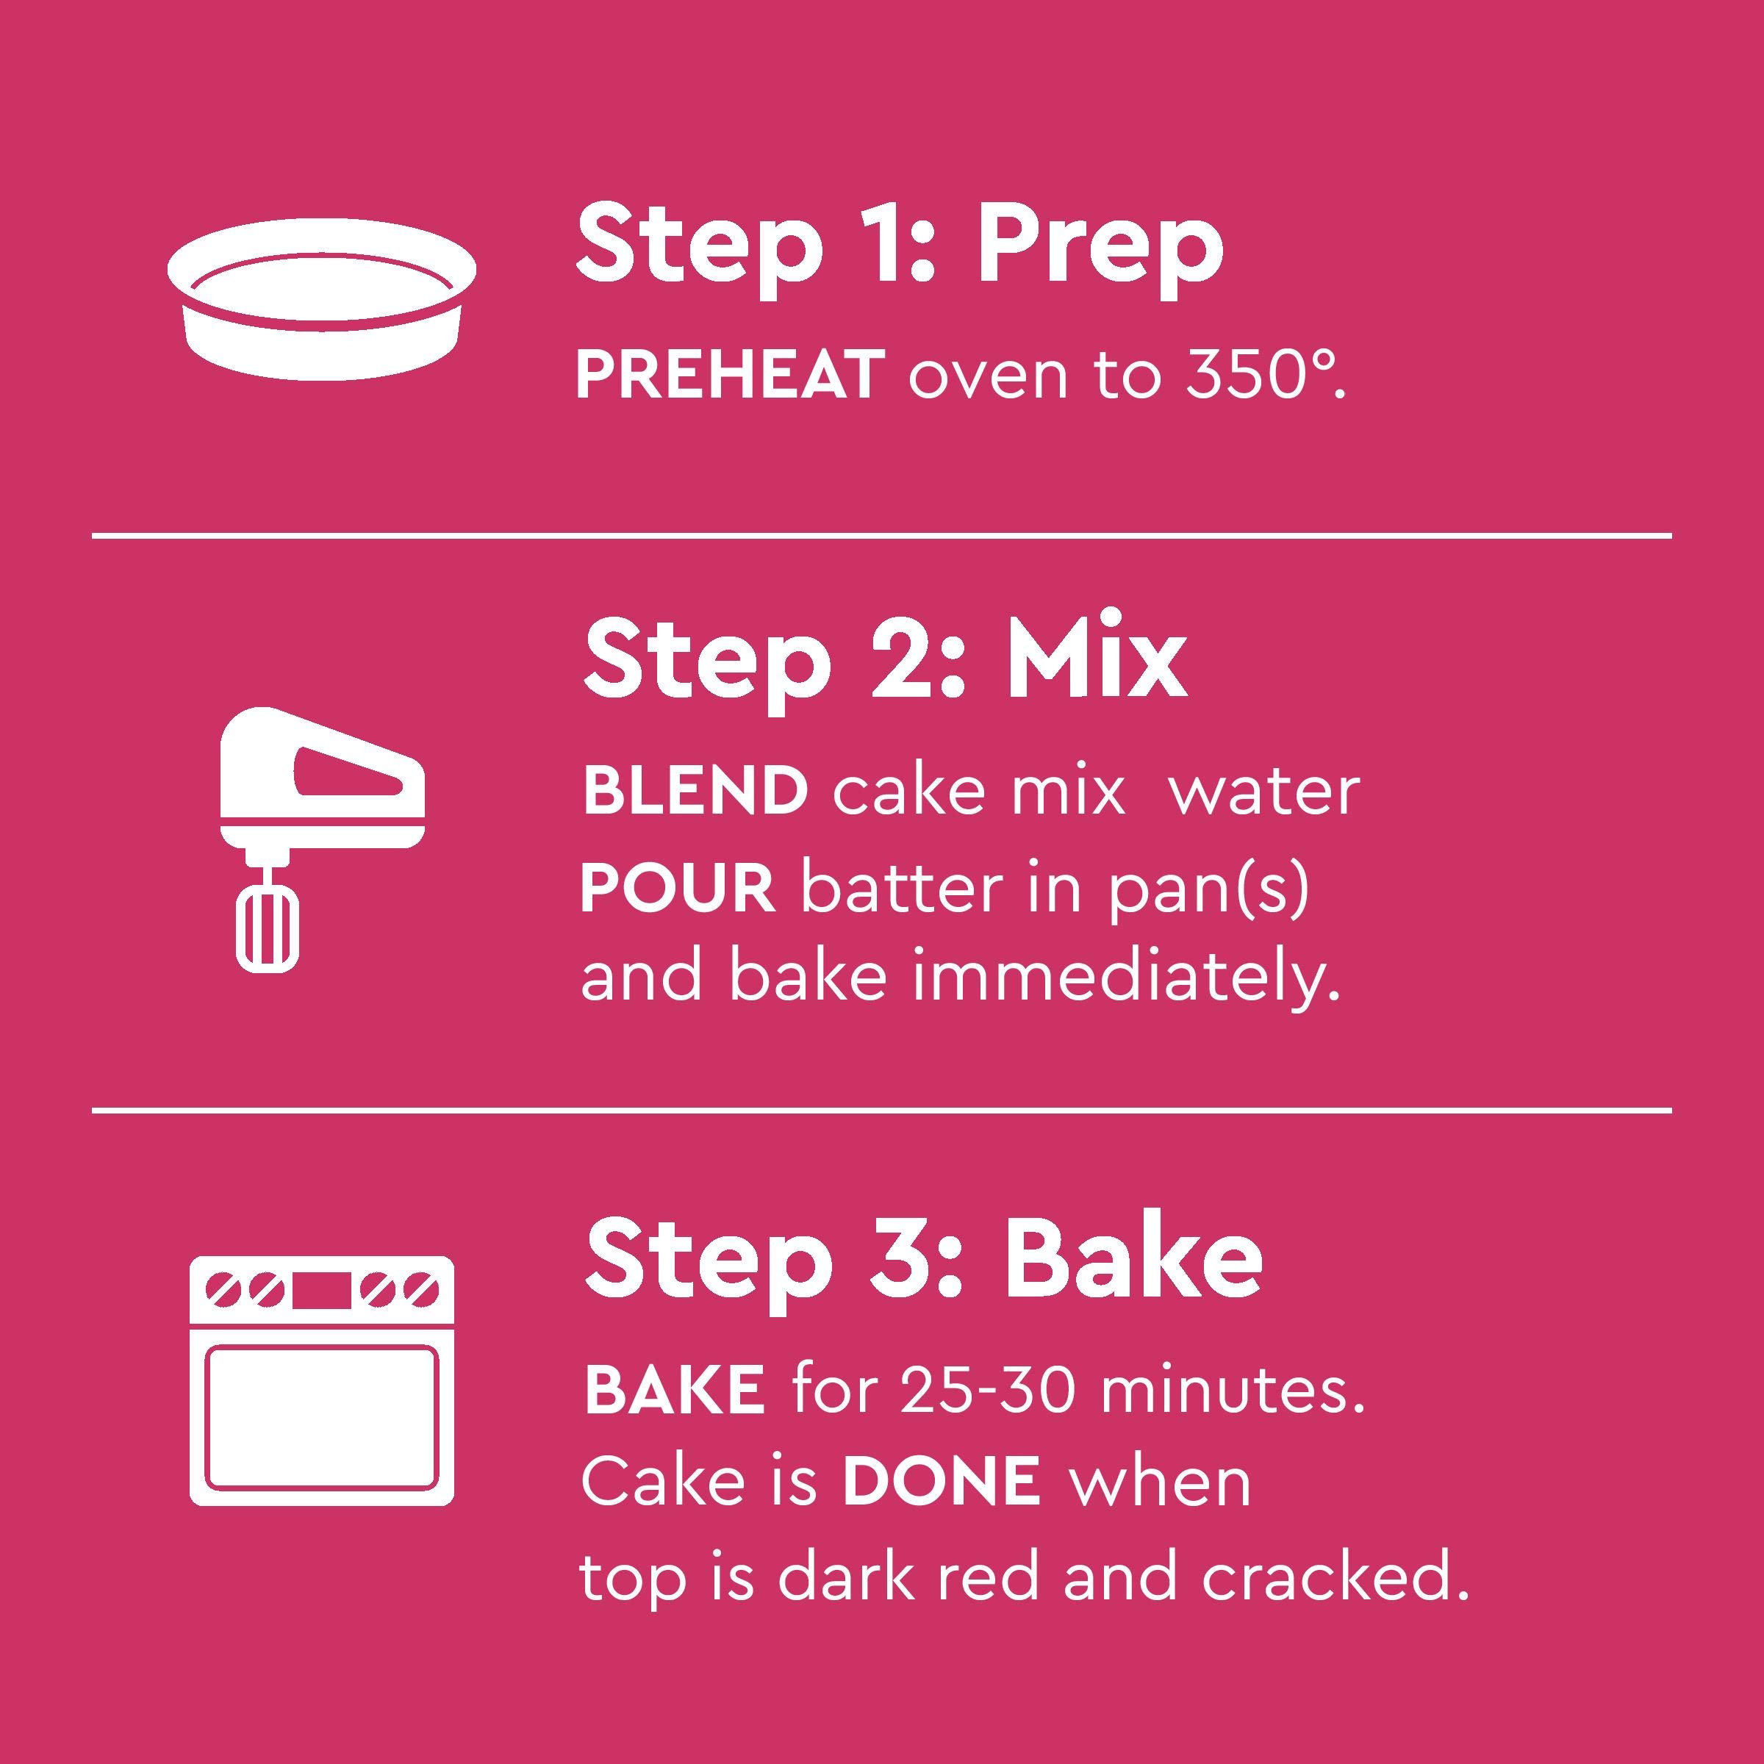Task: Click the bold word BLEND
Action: (x=695, y=791)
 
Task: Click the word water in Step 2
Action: (x=1264, y=791)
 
